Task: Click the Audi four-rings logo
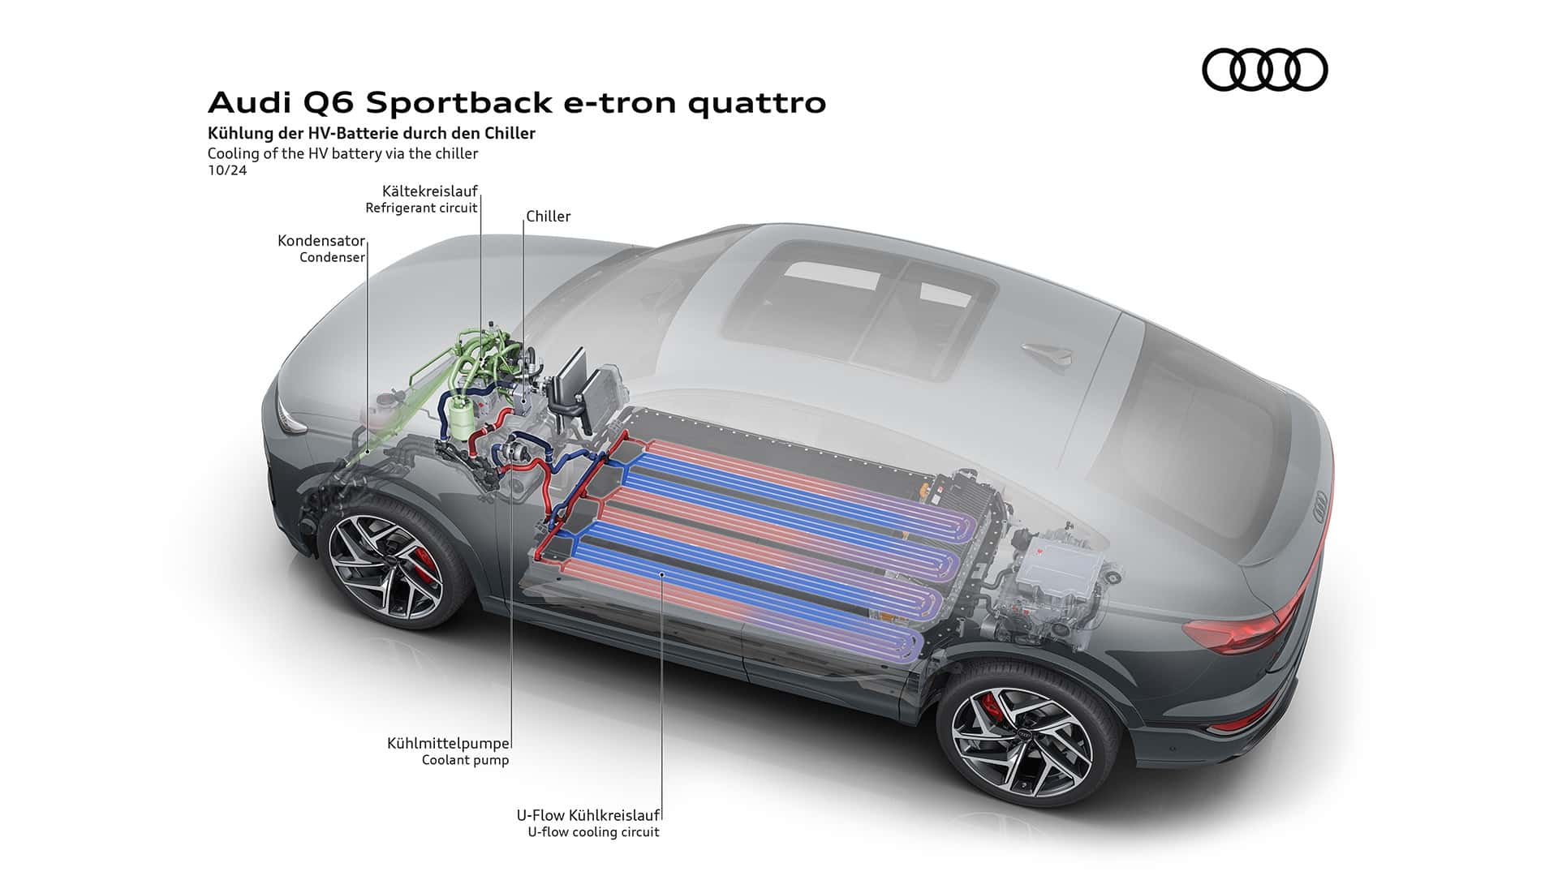coord(1264,69)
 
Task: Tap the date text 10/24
coord(227,170)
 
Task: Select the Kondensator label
coord(321,241)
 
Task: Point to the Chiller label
coord(549,217)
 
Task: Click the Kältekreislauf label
coord(429,191)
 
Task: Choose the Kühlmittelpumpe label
coord(449,743)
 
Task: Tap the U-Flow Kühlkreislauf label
coord(587,815)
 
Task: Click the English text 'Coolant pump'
coord(465,761)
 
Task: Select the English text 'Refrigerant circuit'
coord(421,208)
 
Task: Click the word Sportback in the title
coord(460,103)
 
